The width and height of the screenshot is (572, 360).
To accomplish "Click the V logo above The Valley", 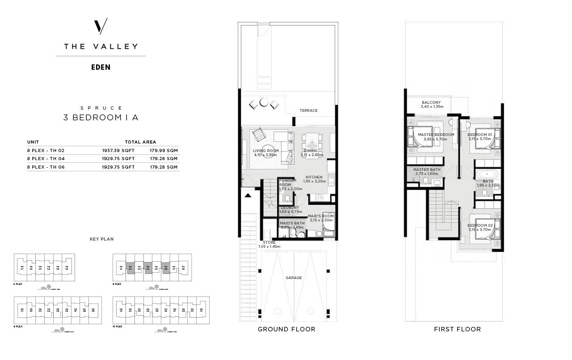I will [101, 27].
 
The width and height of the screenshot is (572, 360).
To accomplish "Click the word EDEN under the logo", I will [101, 68].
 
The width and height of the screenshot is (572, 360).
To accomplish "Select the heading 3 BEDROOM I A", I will [101, 118].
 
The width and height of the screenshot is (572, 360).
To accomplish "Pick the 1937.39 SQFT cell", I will [118, 151].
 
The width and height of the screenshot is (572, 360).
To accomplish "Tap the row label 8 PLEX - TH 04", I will [46, 159].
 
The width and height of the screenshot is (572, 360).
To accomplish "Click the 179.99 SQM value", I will [164, 151].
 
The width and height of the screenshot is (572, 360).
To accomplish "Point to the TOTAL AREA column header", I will [140, 142].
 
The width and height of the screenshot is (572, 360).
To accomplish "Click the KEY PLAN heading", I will [101, 239].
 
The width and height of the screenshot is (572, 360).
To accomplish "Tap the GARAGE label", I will [294, 278].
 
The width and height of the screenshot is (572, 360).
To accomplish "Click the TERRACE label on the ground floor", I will [308, 110].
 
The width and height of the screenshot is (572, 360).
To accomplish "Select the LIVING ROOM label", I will [265, 151].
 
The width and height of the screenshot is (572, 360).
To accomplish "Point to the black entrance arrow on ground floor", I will [248, 195].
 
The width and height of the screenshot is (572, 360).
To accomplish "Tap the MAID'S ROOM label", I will [320, 216].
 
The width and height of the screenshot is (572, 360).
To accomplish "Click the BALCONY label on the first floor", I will [431, 102].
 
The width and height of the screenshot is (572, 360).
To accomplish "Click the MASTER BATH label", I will [426, 169].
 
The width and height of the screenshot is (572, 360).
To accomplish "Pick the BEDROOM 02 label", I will [479, 225].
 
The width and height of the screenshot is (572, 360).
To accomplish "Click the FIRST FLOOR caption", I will [457, 329].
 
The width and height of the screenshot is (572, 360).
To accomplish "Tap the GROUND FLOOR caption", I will [286, 329].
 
